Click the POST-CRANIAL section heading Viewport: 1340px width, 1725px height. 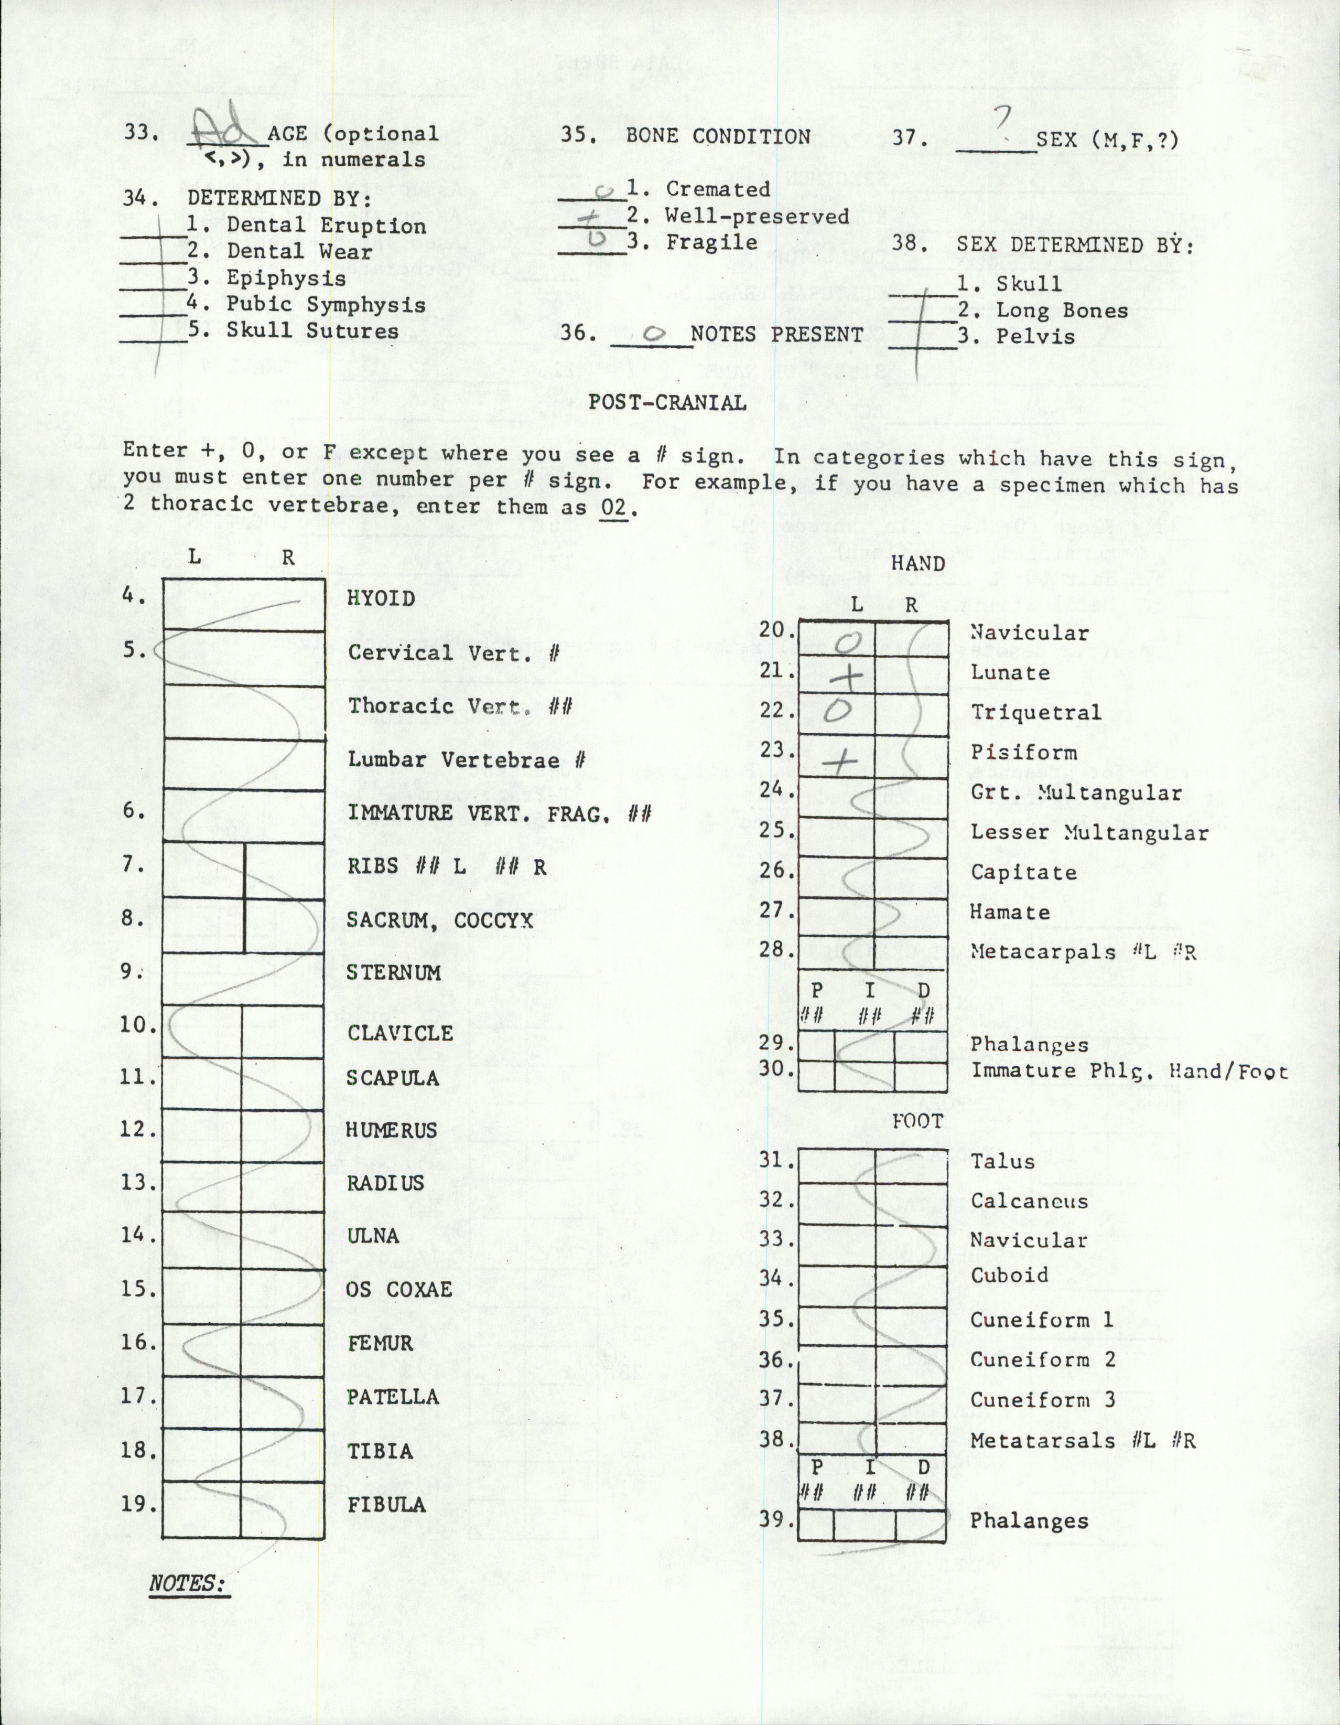(x=667, y=403)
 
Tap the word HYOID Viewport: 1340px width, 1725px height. (x=381, y=599)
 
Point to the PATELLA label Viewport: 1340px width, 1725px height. (x=393, y=1397)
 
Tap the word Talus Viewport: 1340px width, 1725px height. (x=1002, y=1161)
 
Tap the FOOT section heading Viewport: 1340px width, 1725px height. (x=917, y=1121)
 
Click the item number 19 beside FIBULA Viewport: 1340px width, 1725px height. (x=136, y=1503)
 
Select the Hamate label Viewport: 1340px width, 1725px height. (x=1010, y=912)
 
